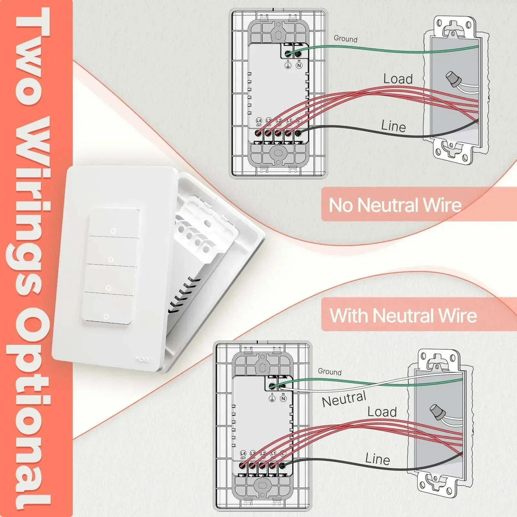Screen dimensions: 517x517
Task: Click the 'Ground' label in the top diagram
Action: tap(345, 39)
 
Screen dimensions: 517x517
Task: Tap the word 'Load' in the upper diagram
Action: tap(398, 79)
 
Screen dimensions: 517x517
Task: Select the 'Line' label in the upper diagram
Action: tap(393, 126)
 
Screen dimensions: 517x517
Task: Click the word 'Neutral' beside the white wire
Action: tap(344, 399)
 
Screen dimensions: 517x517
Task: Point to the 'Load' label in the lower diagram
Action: tap(382, 412)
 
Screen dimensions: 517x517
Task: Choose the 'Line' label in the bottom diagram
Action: tap(377, 459)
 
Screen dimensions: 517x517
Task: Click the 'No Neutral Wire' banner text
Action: tap(395, 205)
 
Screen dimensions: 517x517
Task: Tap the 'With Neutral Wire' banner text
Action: tap(403, 315)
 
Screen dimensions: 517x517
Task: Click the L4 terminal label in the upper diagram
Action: tap(259, 121)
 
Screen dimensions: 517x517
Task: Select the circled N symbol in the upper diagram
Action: tap(299, 66)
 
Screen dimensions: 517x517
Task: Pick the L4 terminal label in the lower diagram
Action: tap(243, 454)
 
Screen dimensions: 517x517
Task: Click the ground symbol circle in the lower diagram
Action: tap(272, 398)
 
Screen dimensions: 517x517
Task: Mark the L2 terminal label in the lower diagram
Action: tap(263, 454)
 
